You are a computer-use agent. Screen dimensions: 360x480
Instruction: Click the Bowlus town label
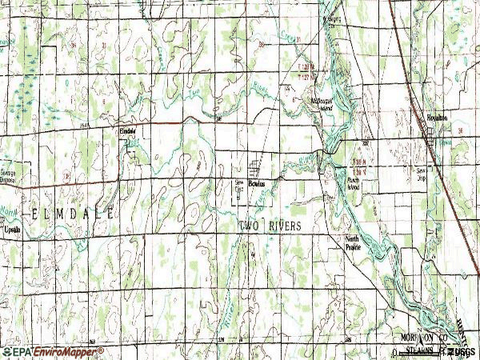257,182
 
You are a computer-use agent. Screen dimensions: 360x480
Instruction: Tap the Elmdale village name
128,129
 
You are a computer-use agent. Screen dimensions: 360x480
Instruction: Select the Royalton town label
436,118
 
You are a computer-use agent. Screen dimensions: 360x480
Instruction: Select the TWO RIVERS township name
271,226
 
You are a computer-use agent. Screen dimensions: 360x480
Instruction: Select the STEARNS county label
417,350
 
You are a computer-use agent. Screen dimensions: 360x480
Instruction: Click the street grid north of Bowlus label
257,169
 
